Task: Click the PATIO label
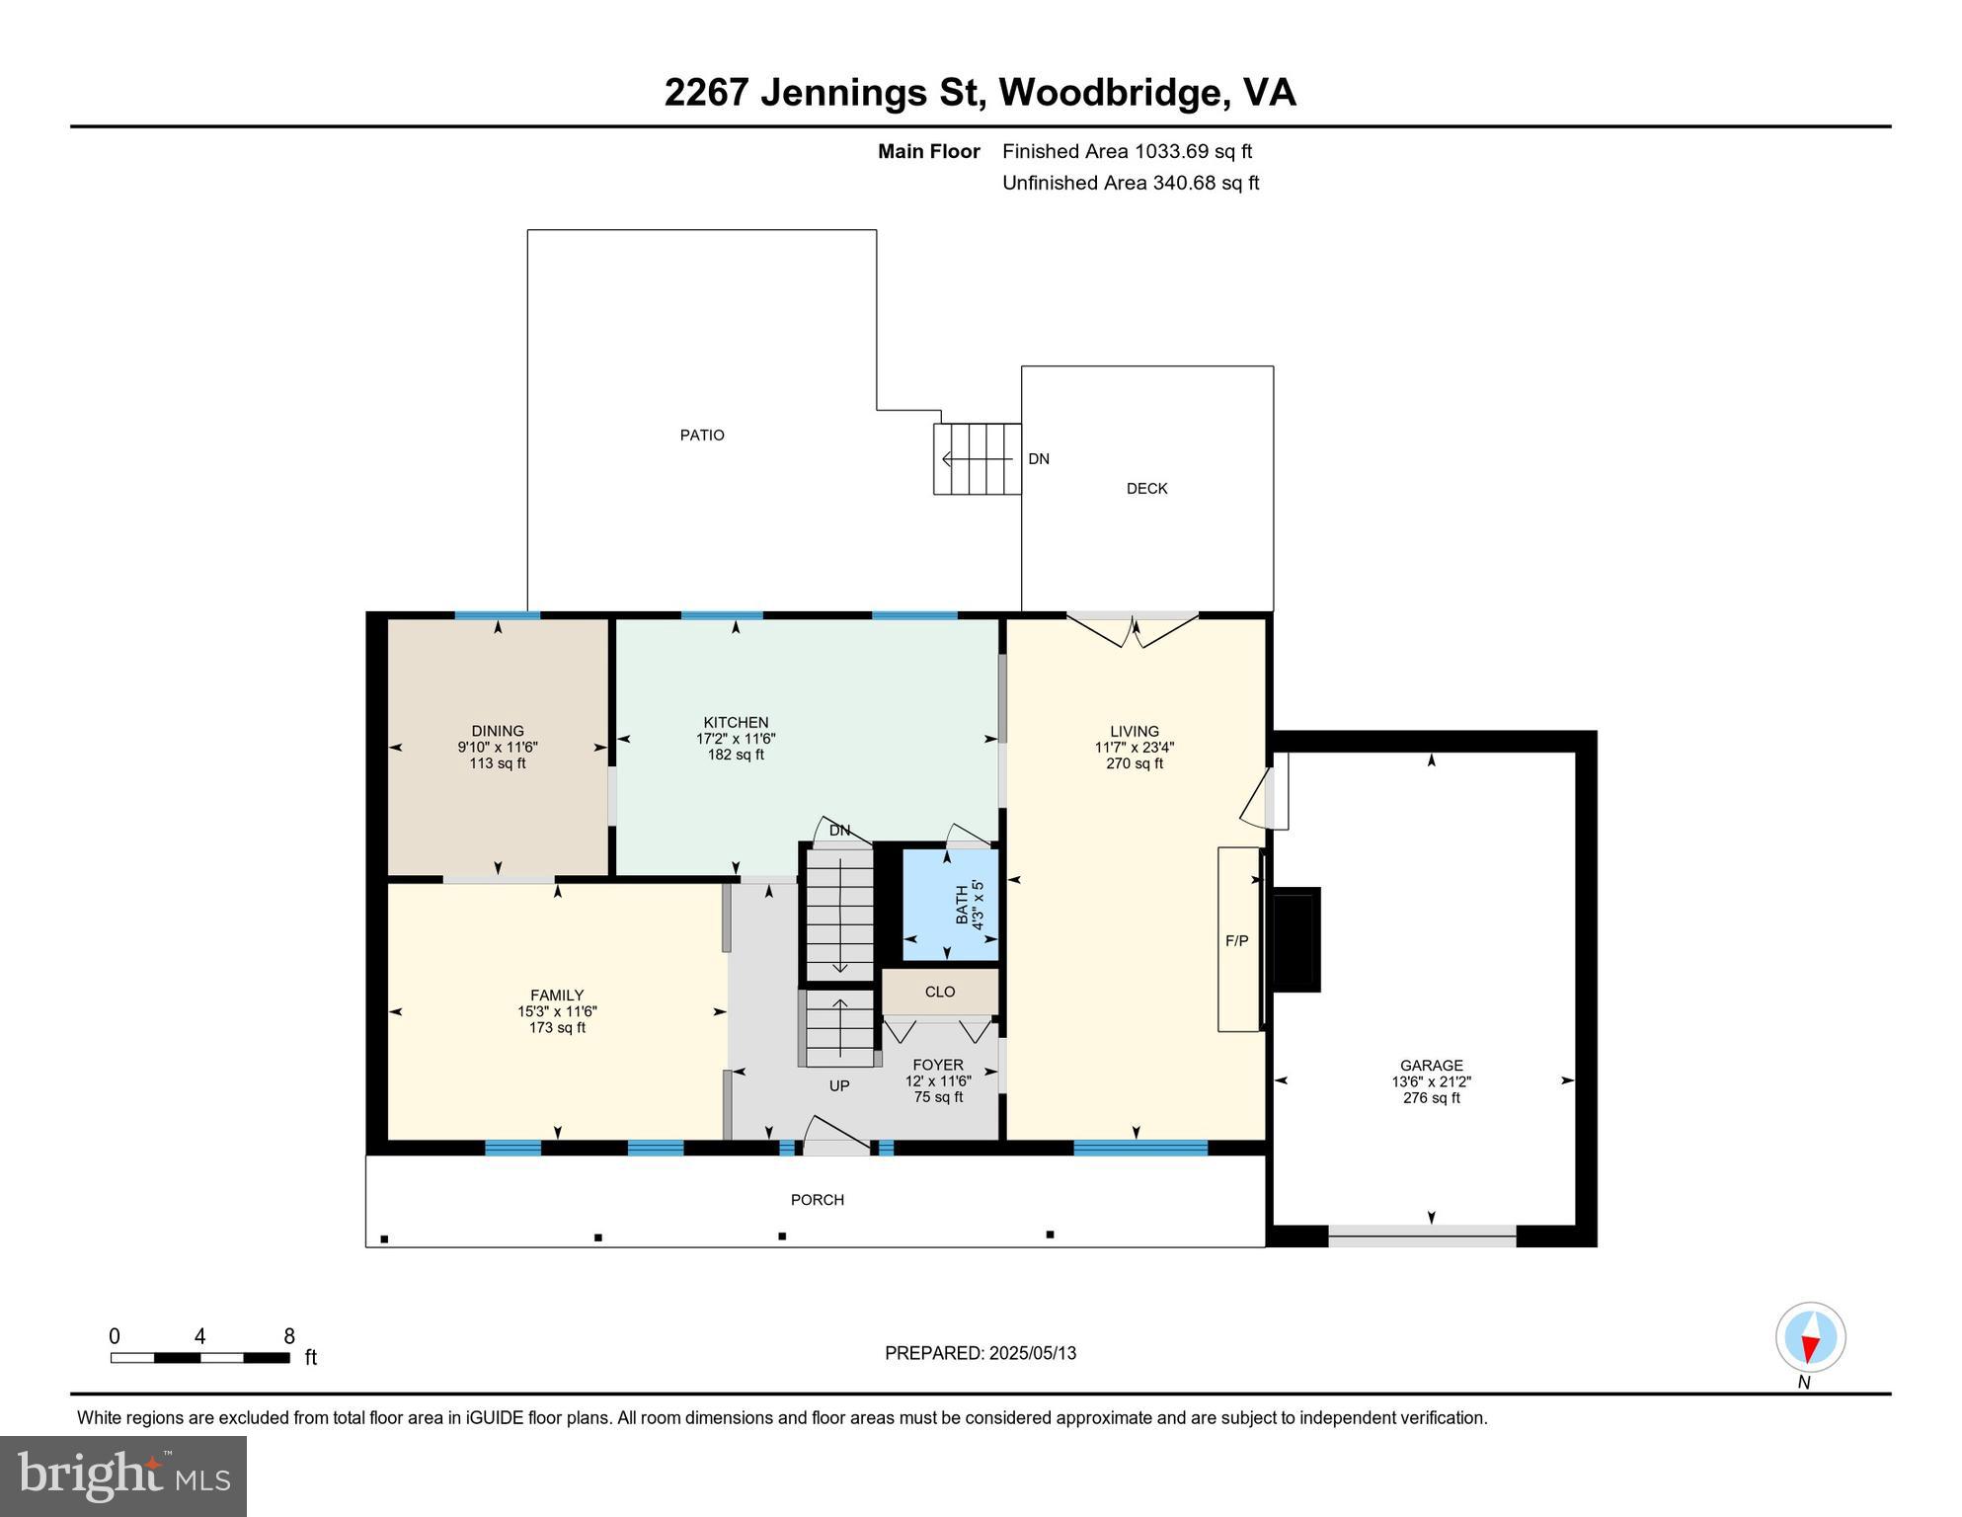pos(702,435)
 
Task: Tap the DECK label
pos(1146,488)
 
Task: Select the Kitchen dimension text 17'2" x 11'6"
pos(736,739)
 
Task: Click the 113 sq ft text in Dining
pos(498,763)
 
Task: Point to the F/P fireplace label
pos(1236,941)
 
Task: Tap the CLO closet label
pos(939,992)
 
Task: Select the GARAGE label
pos(1431,1066)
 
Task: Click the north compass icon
pos(1810,1338)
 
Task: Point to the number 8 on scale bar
pos(289,1337)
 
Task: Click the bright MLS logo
pos(123,1477)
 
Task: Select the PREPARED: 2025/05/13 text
pos(980,1353)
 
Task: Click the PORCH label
pos(817,1200)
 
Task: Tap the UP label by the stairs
pos(838,1085)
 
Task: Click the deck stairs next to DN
pos(977,459)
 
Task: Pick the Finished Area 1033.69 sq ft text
pos(1127,151)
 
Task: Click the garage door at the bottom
pos(1422,1235)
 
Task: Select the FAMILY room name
pos(557,996)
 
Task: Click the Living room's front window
pos(1140,1148)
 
